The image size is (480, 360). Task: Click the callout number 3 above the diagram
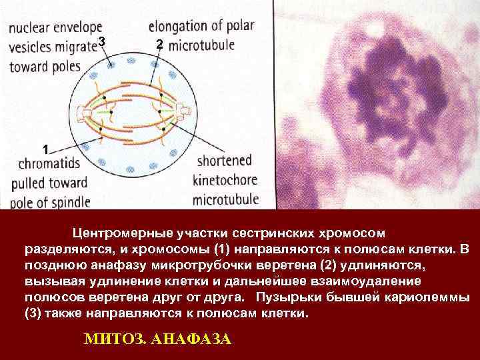click(x=101, y=43)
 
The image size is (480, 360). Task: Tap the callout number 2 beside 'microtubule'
click(x=158, y=45)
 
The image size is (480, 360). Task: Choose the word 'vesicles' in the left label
click(x=31, y=48)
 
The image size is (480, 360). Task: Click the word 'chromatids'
click(x=48, y=163)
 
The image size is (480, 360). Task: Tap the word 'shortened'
click(x=225, y=161)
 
